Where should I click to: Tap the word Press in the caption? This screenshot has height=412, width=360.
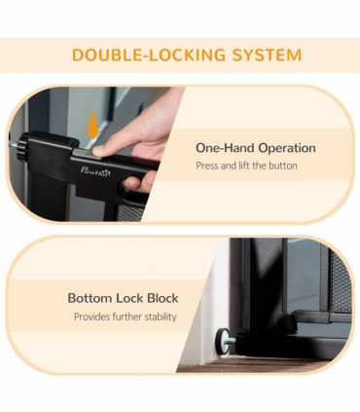pos(207,167)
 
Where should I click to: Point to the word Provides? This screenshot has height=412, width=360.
pos(93,317)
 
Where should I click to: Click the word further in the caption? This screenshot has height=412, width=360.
pos(126,317)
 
